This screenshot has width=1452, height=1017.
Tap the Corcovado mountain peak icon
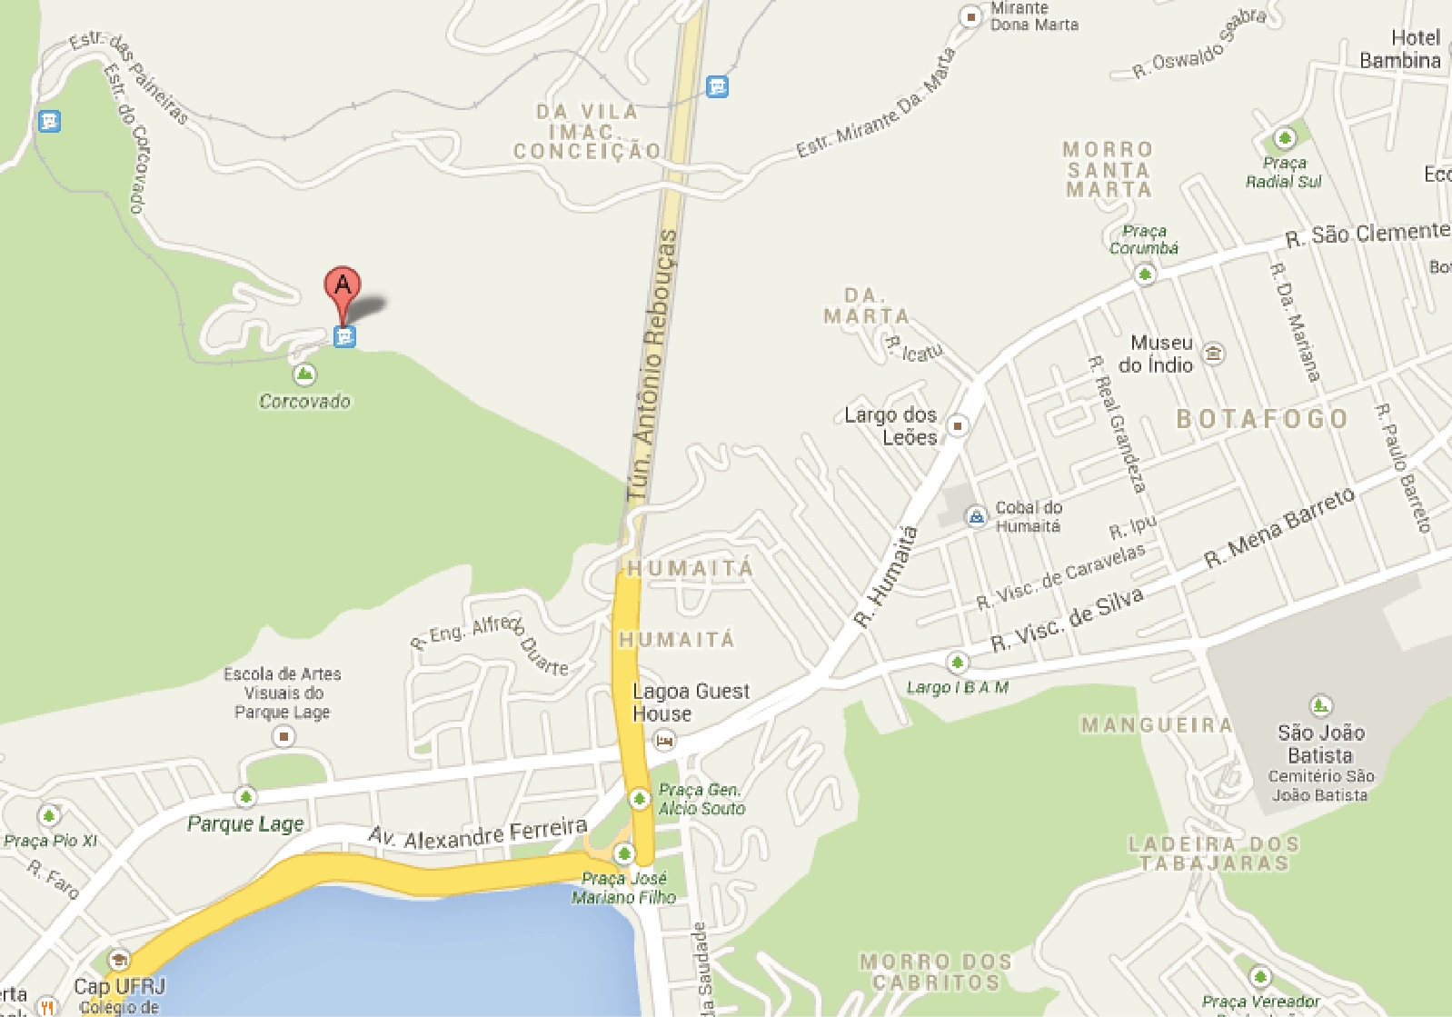coord(304,374)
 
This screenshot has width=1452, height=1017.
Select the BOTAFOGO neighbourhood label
coord(1262,419)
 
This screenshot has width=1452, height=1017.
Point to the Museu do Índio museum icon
coord(1214,353)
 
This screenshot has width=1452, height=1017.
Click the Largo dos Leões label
coord(891,425)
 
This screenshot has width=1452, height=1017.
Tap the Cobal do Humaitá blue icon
coord(976,517)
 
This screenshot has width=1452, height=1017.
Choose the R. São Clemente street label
coord(1367,234)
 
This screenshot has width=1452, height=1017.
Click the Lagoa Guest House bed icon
coord(664,742)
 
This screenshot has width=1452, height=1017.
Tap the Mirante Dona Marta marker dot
coord(971,16)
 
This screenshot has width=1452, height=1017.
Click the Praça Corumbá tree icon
coord(1145,273)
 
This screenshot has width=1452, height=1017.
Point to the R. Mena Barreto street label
coord(1279,528)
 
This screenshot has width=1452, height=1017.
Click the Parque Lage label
coord(245,823)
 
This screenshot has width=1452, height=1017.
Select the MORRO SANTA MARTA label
coord(1108,169)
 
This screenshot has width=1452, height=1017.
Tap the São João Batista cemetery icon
coord(1320,704)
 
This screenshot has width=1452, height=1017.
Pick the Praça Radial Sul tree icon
coord(1284,138)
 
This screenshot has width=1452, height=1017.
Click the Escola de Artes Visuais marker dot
coord(283,735)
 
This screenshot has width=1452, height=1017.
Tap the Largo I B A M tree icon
coord(956,662)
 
